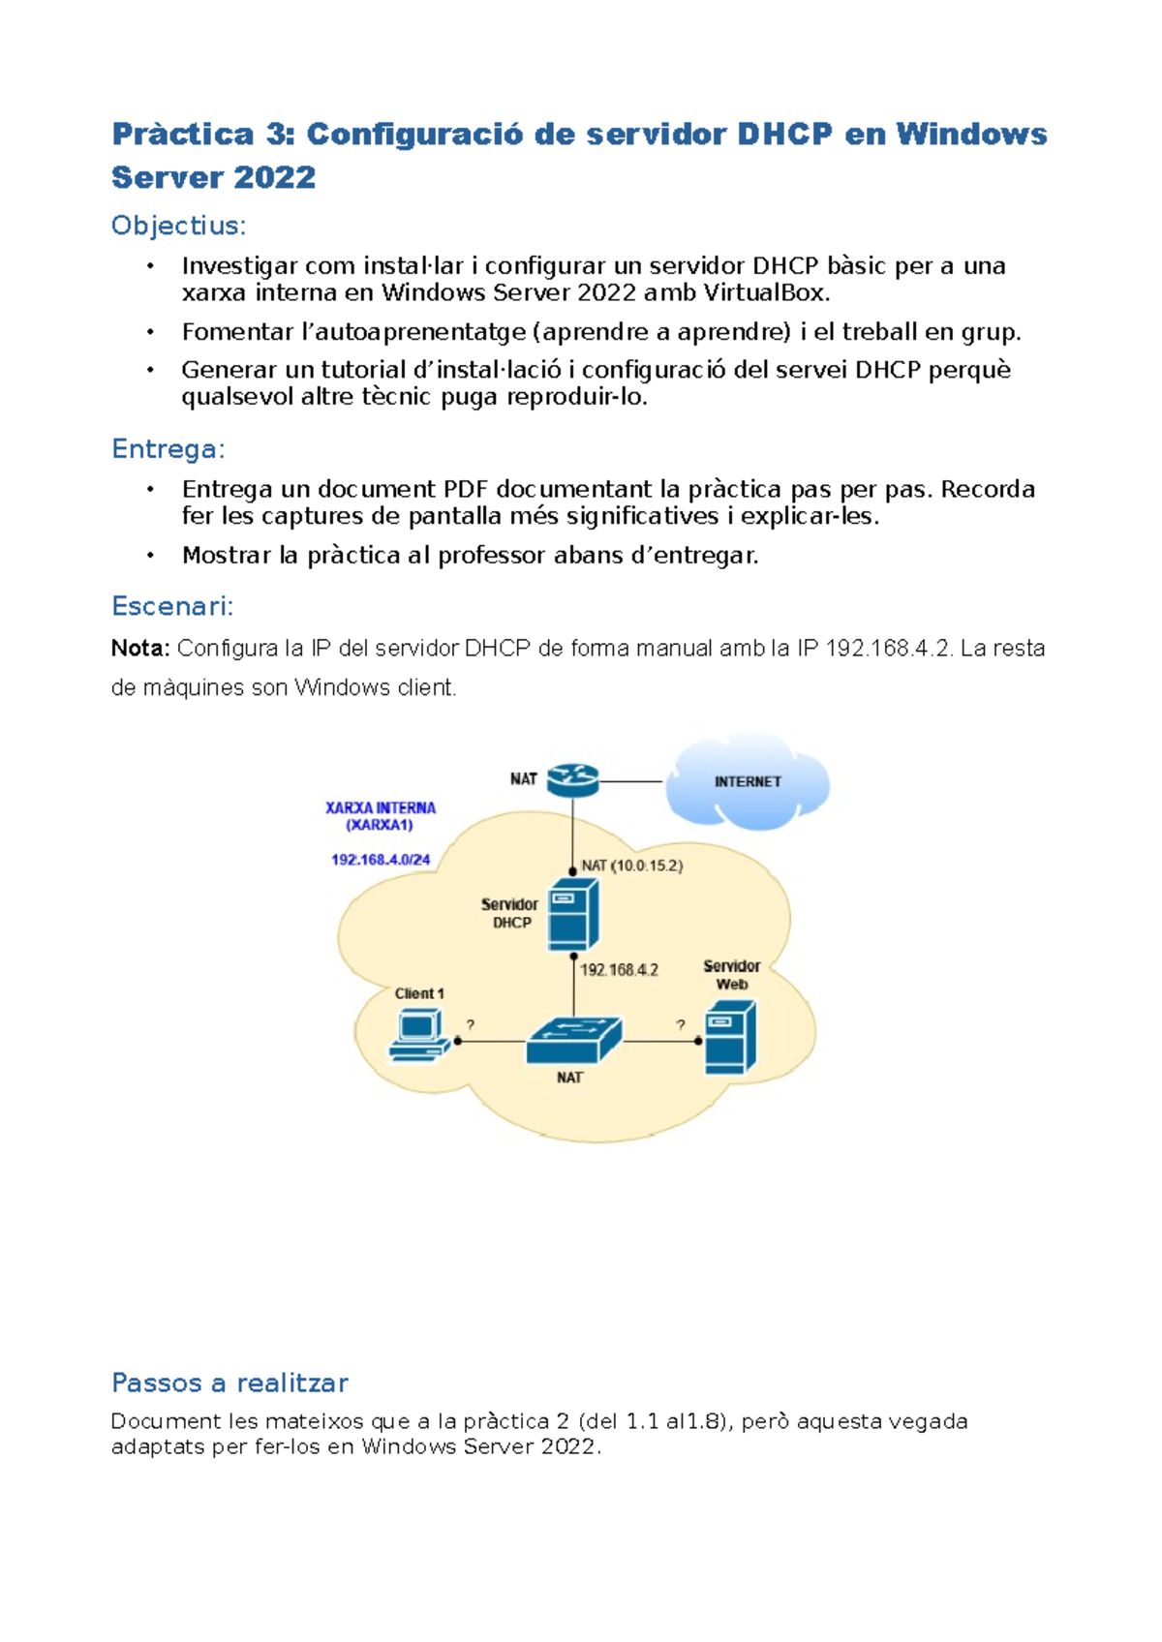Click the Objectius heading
[178, 226]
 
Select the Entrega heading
[168, 449]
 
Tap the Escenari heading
[172, 607]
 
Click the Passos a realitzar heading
[229, 1383]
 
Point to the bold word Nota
[140, 649]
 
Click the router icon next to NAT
[572, 779]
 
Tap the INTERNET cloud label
[748, 782]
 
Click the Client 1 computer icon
[419, 1036]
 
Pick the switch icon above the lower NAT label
[573, 1040]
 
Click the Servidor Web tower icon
[729, 1039]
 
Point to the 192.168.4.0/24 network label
[381, 860]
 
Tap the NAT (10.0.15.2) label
[631, 866]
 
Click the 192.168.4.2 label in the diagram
[619, 970]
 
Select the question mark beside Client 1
[471, 1024]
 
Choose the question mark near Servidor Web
[681, 1024]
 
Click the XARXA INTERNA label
[381, 808]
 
